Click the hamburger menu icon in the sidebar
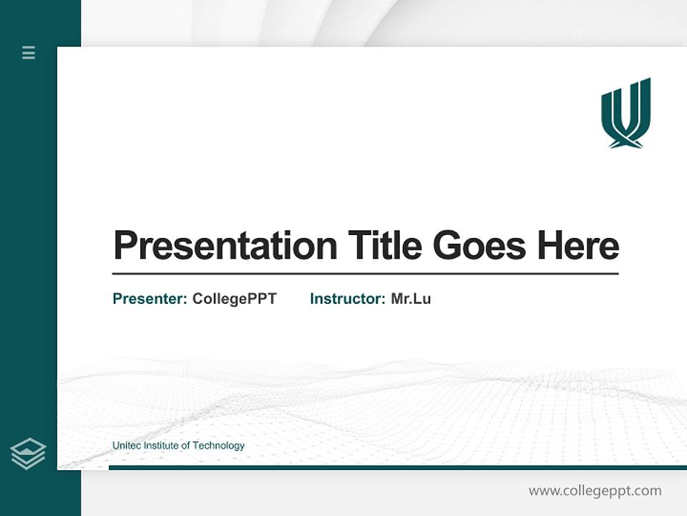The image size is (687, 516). pos(29,52)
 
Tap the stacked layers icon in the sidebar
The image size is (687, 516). pos(28,454)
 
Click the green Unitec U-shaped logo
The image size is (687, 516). pos(625,112)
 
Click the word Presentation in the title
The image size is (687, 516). pos(225,247)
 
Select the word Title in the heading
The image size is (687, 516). pos(385,245)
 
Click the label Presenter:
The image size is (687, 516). pos(150,299)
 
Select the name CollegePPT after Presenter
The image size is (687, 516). pos(234,299)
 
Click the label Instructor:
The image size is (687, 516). pos(348,299)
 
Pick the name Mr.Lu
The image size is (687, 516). pos(411,299)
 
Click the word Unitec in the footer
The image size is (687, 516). pos(127,446)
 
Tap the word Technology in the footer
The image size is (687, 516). pos(218,446)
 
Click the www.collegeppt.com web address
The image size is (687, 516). pos(595,491)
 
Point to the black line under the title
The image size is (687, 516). pos(365,273)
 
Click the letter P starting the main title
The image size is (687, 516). pos(125,246)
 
